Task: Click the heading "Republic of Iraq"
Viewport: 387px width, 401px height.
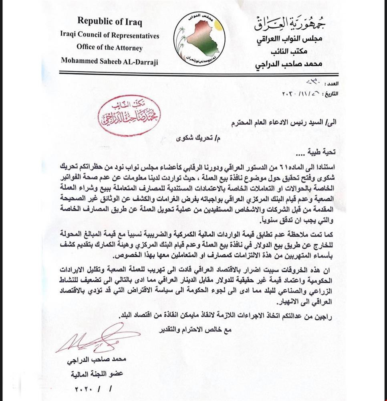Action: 109,21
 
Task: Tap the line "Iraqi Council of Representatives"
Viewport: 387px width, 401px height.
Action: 110,35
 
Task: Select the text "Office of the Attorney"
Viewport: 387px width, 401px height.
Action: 109,47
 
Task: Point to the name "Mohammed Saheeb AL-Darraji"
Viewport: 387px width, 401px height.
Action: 109,61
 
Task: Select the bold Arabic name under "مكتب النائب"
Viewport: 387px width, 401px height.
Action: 290,64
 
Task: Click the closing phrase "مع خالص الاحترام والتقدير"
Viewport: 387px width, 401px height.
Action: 196,330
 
